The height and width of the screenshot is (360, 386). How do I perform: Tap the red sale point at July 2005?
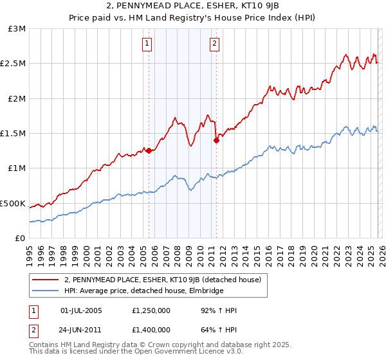(149, 150)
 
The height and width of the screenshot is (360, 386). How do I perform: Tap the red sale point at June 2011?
(216, 141)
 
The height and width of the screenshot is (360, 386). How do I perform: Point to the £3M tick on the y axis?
(17, 29)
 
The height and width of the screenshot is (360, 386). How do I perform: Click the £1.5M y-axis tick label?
(14, 134)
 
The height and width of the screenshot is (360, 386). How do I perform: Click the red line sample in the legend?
(46, 280)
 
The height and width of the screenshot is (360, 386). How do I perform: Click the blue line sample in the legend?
(46, 291)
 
